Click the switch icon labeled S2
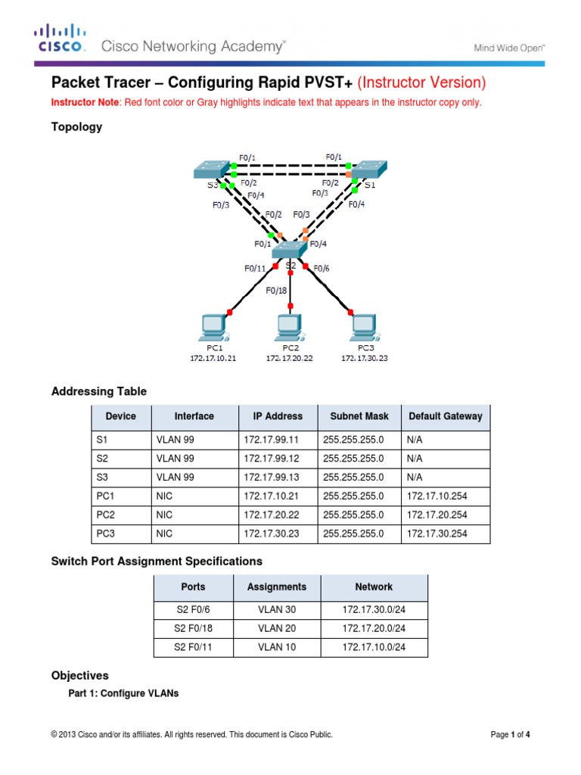(x=287, y=249)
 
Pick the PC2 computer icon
(x=289, y=328)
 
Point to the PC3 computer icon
(x=365, y=328)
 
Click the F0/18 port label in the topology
(x=278, y=290)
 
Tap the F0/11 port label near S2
(x=255, y=268)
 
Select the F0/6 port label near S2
(x=322, y=268)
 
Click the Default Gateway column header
(x=445, y=416)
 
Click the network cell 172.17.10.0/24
(x=374, y=647)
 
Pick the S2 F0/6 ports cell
(x=193, y=609)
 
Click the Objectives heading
(x=79, y=675)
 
